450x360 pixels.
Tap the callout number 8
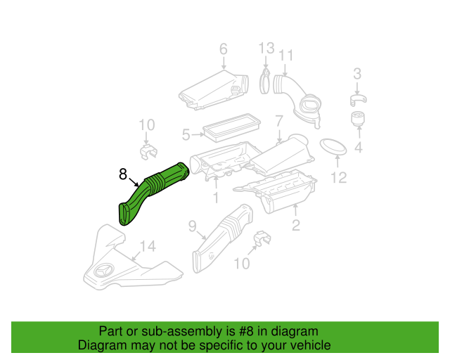tap(123, 173)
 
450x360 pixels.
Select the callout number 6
tap(224, 49)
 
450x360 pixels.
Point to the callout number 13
tap(265, 49)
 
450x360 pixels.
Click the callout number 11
tap(285, 56)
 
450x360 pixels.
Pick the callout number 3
tap(357, 74)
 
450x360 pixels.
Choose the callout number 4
tap(357, 148)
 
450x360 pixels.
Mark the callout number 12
tap(339, 178)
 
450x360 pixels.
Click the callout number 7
tap(278, 120)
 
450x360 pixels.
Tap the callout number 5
tap(186, 134)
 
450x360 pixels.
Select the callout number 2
tap(296, 225)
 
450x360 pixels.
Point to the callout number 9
tap(192, 226)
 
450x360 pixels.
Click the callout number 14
tap(147, 246)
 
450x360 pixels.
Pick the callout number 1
tap(216, 198)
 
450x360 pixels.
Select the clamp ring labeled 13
tap(266, 79)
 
